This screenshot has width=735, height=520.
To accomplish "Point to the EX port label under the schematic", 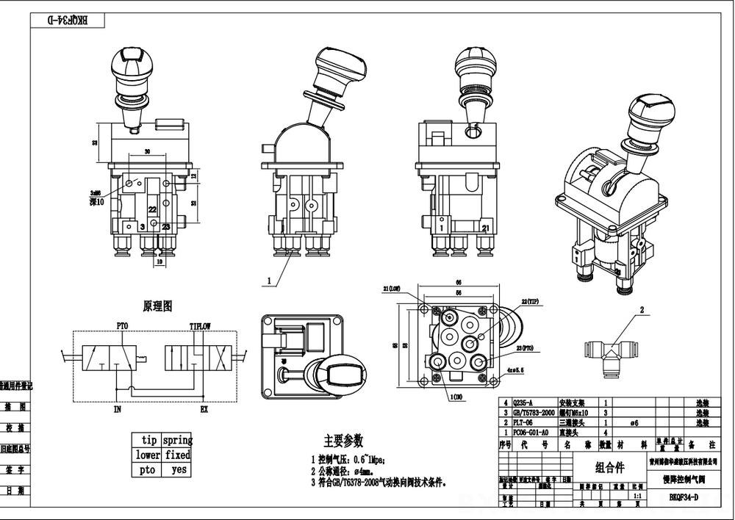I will tap(204, 409).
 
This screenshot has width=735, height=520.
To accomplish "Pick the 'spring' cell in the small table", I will tap(177, 441).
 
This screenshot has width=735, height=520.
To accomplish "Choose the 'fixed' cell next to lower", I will tap(177, 455).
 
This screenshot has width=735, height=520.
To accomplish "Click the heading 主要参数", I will tap(343, 441).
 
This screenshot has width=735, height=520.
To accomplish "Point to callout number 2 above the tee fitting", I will tap(641, 311).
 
